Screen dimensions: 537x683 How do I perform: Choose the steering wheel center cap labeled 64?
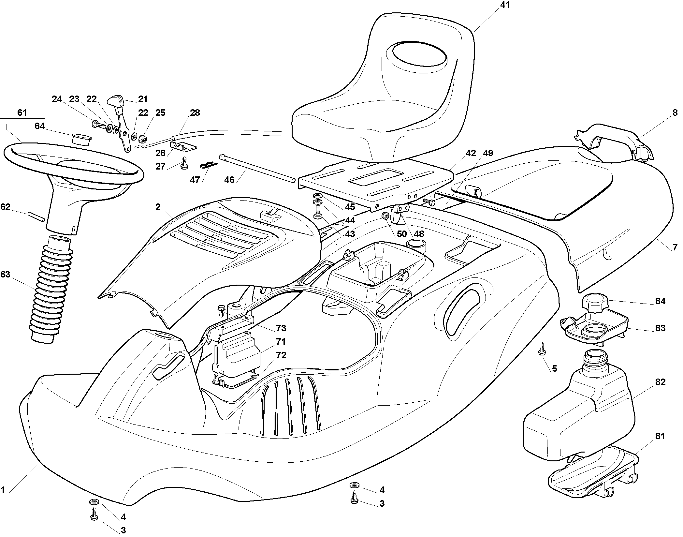pos(81,139)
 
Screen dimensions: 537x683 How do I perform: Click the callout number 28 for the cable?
pos(195,113)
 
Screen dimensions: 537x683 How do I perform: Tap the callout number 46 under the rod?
pos(229,180)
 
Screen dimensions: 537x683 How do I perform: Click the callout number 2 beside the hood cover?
pos(158,207)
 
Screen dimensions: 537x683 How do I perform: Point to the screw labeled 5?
pos(542,349)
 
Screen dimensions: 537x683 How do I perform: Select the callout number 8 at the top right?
pos(675,112)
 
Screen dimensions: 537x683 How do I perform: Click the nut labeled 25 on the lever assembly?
pos(142,139)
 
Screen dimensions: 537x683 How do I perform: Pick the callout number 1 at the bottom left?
pos(3,499)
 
